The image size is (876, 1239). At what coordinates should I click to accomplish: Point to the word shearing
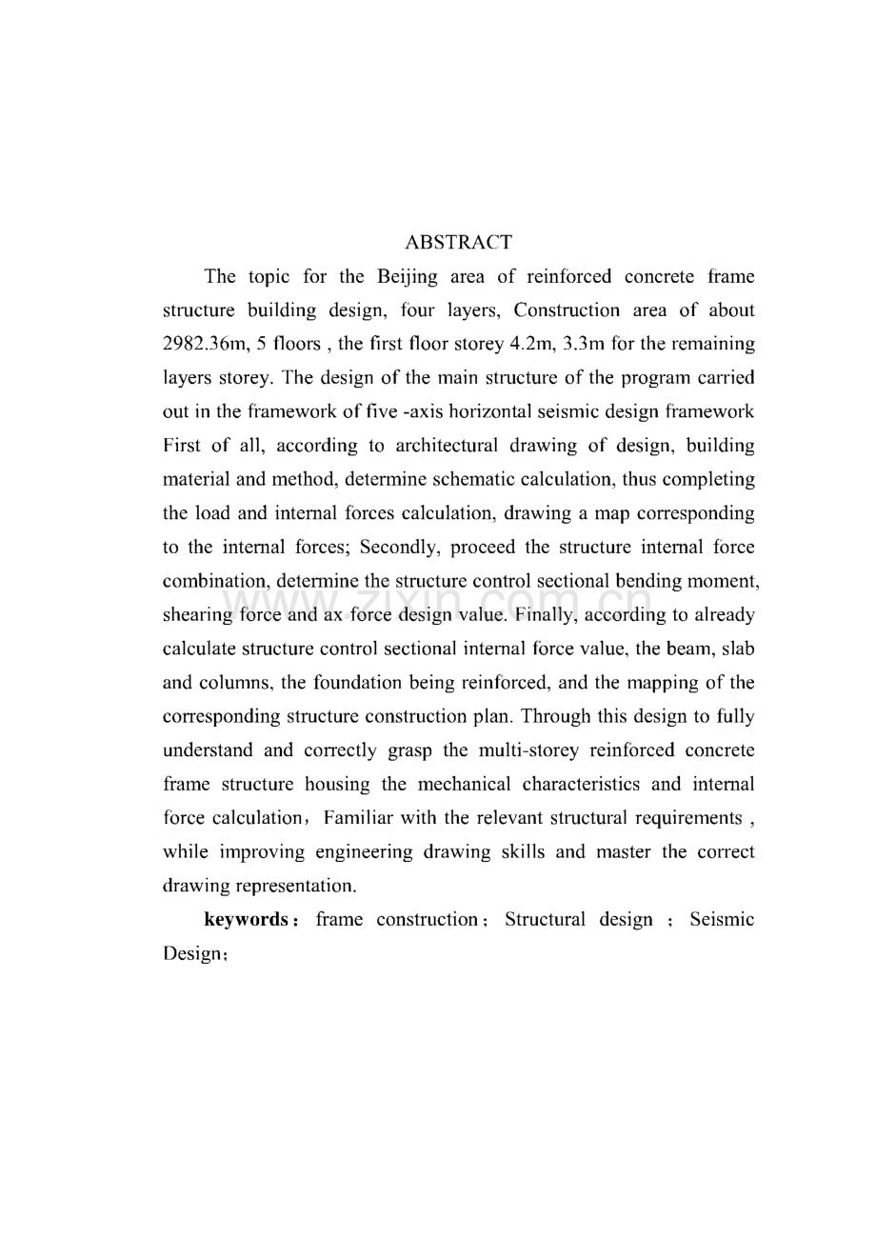pos(197,615)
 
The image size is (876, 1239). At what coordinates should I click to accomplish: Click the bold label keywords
pos(246,920)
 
